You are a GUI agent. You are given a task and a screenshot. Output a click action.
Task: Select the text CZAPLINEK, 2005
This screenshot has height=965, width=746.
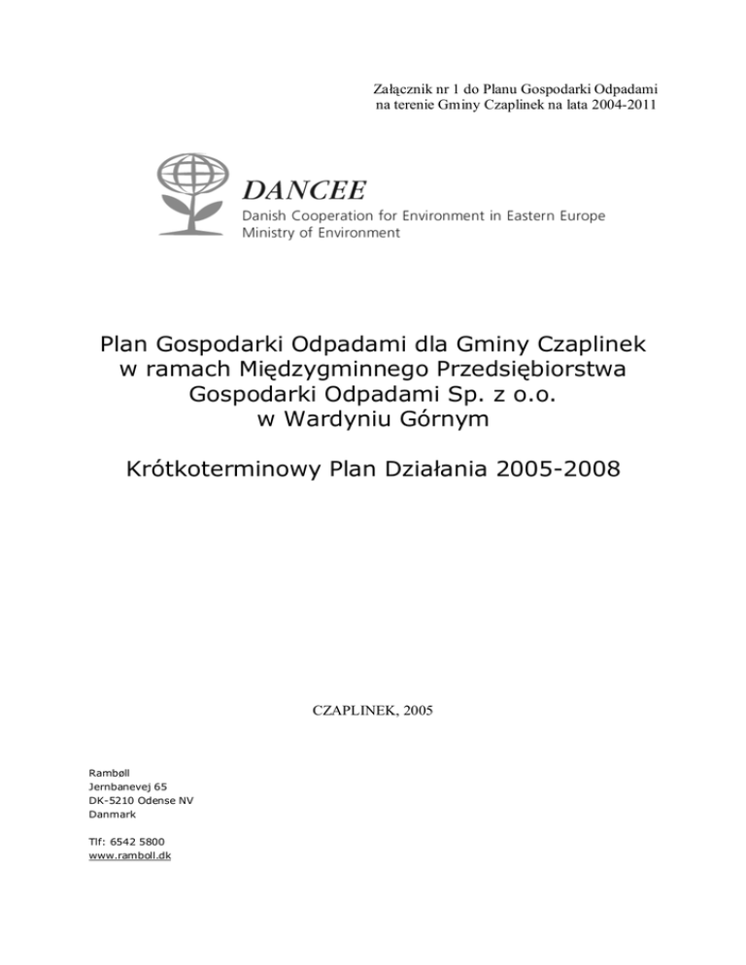(x=373, y=711)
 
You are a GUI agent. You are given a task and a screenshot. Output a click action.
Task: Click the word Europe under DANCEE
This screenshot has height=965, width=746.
(x=580, y=215)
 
